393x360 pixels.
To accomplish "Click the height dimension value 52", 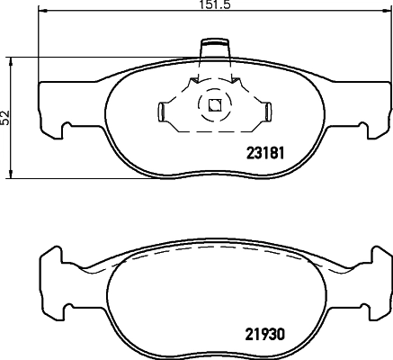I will [x=6, y=117].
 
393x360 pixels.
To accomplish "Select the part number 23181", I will [x=265, y=152].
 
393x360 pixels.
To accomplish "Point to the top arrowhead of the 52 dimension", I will [x=12, y=59].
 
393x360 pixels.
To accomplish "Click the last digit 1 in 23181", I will [x=282, y=152].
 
